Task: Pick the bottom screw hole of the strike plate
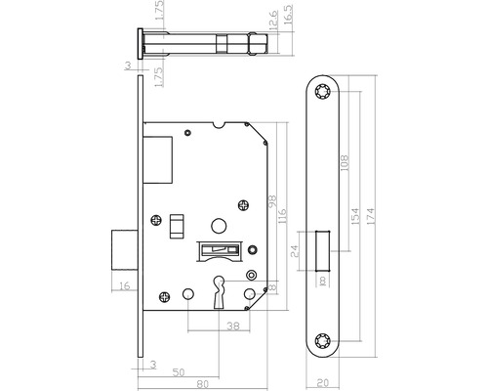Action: pyautogui.click(x=322, y=342)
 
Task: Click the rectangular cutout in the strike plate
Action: pyautogui.click(x=322, y=248)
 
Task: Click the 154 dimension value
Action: pyautogui.click(x=357, y=215)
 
